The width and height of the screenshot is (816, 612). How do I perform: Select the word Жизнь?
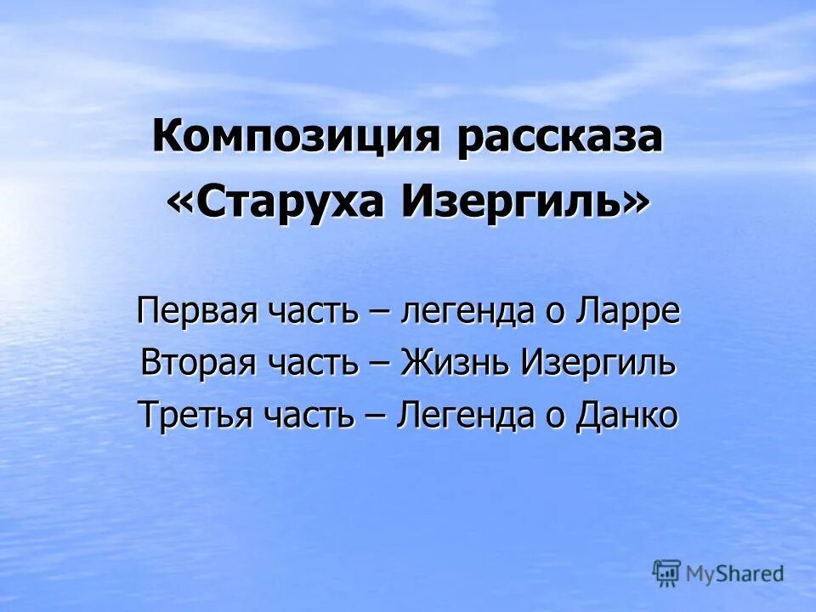tap(455, 363)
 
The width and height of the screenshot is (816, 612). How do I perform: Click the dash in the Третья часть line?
tap(377, 416)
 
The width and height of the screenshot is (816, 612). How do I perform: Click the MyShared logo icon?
tap(666, 572)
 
